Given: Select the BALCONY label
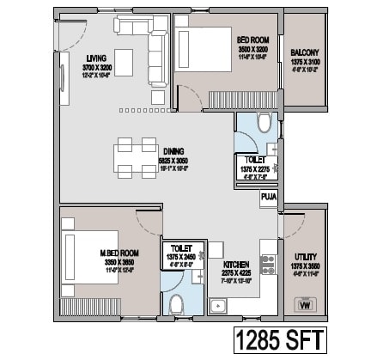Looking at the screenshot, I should tap(306, 52).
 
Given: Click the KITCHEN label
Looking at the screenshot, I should tap(236, 265).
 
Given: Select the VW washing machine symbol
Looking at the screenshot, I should tap(304, 303).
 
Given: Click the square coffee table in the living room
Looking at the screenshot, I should tap(124, 60).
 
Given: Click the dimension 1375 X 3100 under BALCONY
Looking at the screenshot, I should tap(306, 63).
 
